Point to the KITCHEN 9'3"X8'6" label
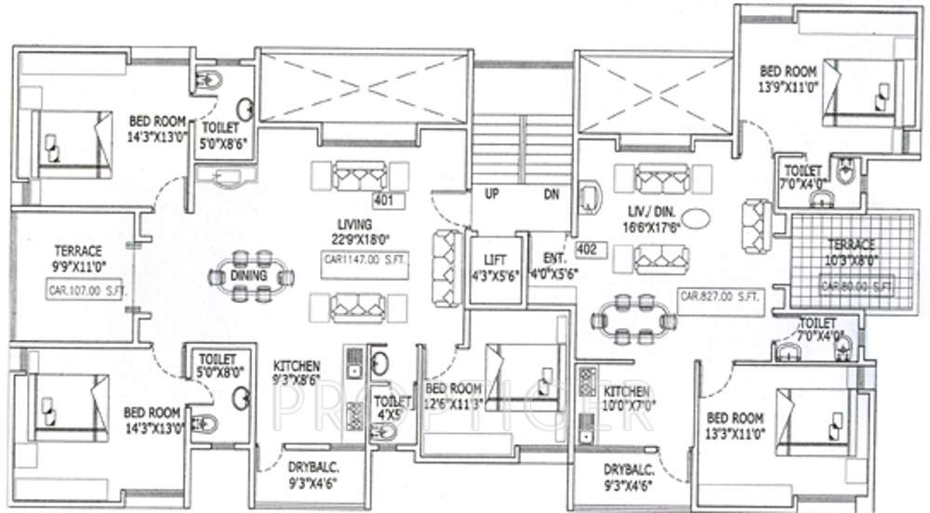(297, 373)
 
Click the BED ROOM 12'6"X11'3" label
(453, 395)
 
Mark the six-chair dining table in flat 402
(633, 319)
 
